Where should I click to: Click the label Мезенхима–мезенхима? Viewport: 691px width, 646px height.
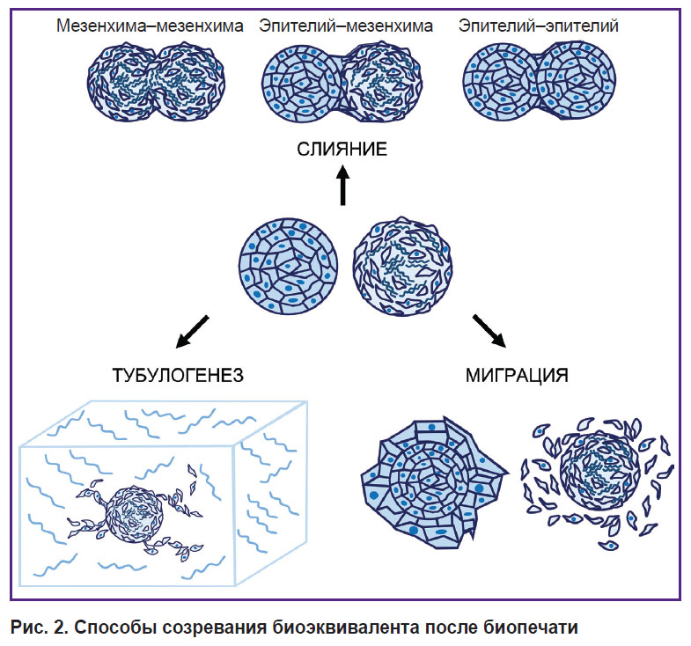150,26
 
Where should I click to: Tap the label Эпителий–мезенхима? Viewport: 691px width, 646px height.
346,26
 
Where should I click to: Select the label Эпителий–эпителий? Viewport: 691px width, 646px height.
538,26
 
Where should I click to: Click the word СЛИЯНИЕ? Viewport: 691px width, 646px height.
342,149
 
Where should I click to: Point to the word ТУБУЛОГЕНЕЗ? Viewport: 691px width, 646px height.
178,376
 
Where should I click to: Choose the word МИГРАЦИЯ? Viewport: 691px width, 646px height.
517,376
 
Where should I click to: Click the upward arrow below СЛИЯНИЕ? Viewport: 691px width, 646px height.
342,185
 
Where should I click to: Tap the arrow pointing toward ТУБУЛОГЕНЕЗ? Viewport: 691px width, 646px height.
192,332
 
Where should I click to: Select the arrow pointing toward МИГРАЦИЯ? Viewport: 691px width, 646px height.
489,331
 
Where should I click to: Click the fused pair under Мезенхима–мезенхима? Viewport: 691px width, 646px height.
157,82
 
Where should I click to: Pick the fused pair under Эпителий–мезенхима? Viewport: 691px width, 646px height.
342,83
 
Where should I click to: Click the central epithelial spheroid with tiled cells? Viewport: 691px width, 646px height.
289,266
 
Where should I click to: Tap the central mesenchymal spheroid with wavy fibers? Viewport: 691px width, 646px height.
403,266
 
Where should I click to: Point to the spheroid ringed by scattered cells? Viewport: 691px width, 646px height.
599,473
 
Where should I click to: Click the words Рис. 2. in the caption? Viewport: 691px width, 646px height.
39,627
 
